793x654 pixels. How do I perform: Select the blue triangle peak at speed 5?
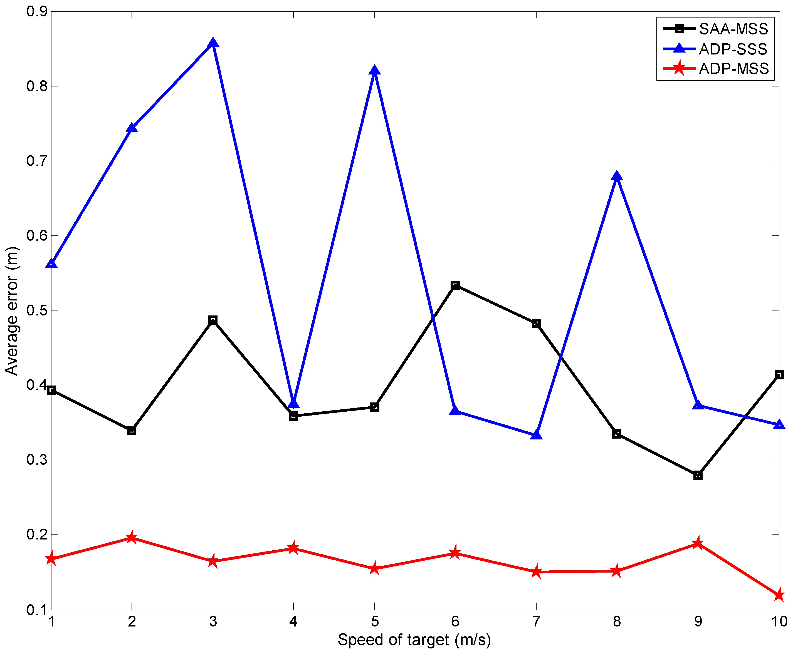tap(374, 70)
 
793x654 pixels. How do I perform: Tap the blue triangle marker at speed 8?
tap(617, 176)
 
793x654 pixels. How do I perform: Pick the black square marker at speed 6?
tap(455, 285)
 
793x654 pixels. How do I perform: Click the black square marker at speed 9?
tap(698, 476)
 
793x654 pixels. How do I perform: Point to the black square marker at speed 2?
tap(132, 431)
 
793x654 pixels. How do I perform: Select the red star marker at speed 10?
tap(779, 596)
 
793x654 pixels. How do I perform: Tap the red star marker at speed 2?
tap(132, 537)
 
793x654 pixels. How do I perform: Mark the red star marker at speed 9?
tap(698, 543)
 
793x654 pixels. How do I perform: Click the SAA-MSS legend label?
tap(733, 29)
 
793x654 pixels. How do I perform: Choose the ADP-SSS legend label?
tap(733, 49)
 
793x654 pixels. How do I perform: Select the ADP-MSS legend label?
tap(733, 69)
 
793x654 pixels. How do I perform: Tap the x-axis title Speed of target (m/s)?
tap(414, 640)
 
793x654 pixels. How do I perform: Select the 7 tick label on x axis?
tap(536, 621)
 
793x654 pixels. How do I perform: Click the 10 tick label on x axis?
tap(779, 621)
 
